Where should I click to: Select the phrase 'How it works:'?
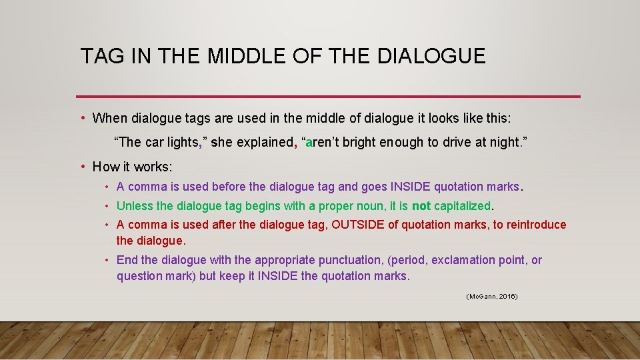[x=132, y=167]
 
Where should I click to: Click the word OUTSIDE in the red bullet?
[x=358, y=225]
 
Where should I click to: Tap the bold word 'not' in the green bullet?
[x=421, y=206]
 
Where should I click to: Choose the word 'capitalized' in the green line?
[x=461, y=206]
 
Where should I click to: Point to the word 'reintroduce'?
[x=536, y=225]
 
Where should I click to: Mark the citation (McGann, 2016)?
[x=491, y=295]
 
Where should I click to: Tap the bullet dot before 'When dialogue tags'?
[x=83, y=119]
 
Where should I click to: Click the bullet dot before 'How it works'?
[x=83, y=167]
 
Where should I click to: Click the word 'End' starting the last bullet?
[x=127, y=260]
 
